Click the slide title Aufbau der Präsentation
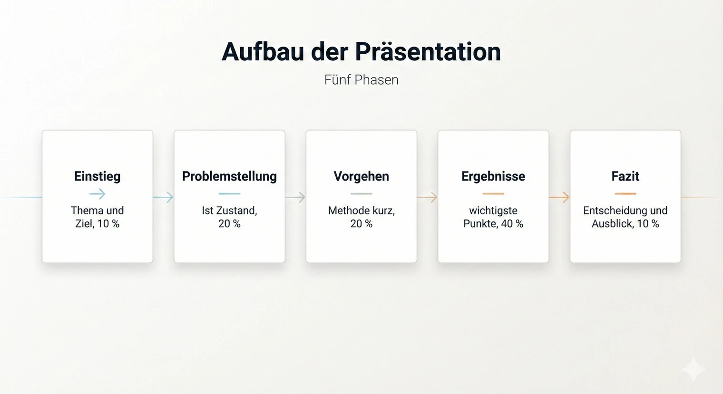coord(361,51)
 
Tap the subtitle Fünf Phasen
coord(361,80)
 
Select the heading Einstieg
coord(98,176)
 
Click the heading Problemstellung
coord(229,176)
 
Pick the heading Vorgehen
coord(361,176)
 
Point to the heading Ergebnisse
coord(493,176)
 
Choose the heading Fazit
coord(625,176)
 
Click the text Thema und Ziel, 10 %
coord(98,217)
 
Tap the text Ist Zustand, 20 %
coord(229,217)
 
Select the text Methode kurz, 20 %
coord(361,217)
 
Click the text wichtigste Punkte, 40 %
coord(493,217)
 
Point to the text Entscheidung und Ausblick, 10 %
coord(625,217)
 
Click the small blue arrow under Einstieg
coord(98,194)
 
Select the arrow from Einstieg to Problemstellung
coord(163,197)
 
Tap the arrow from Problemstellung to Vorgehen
coord(295,197)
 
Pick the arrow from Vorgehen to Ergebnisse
coord(427,197)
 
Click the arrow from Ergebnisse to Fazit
coord(559,197)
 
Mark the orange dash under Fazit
coord(625,194)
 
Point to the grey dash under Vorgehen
coord(361,194)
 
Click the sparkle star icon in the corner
coord(693,369)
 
